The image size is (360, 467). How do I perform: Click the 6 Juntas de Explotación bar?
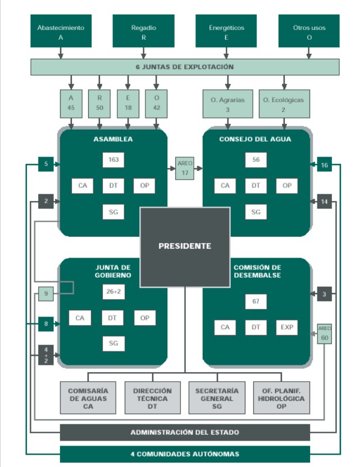click(x=185, y=67)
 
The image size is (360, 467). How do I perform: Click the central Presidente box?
click(x=185, y=246)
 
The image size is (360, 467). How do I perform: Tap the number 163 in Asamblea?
click(x=113, y=160)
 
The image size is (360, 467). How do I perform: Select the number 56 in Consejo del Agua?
click(x=256, y=160)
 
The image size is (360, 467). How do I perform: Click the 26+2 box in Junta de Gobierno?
click(x=113, y=291)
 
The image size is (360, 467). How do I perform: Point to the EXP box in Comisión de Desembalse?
click(x=286, y=327)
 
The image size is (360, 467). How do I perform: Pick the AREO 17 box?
click(x=185, y=168)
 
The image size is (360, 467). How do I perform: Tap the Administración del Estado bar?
click(x=185, y=432)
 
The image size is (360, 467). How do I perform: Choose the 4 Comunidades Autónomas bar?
click(x=185, y=454)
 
